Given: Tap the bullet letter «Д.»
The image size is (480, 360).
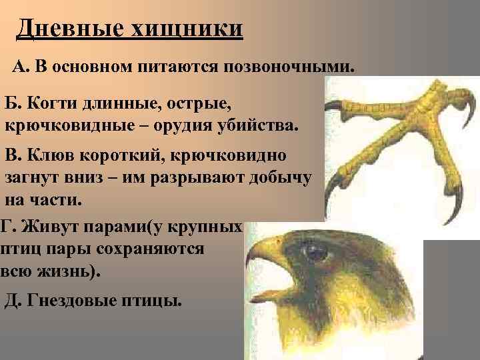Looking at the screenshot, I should click(x=13, y=300).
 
